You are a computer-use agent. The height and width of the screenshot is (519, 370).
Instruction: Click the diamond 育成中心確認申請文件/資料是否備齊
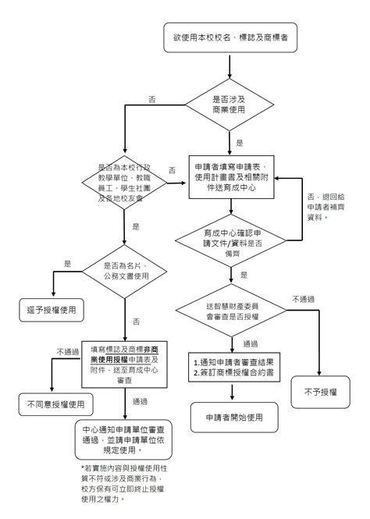click(229, 239)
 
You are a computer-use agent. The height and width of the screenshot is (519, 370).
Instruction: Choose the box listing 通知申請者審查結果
click(233, 368)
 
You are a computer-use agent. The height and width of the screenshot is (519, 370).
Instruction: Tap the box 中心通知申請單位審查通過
click(125, 439)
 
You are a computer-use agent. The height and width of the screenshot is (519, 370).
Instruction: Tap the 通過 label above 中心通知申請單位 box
click(141, 402)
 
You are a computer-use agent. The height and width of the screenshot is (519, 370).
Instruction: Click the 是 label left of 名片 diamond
click(67, 263)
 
